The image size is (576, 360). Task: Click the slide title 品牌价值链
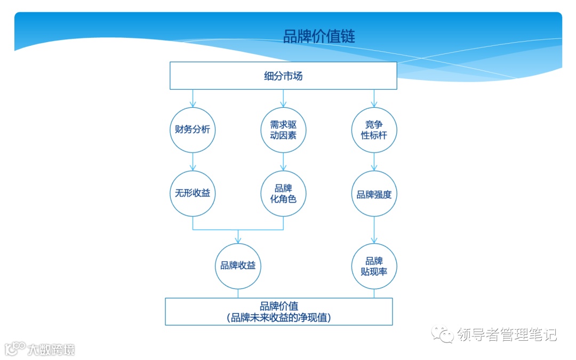(x=319, y=36)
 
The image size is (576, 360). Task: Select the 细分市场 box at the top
(x=283, y=76)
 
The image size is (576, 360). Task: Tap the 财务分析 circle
(x=193, y=130)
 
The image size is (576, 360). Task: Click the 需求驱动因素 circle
(x=283, y=130)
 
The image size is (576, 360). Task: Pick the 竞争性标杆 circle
(x=374, y=130)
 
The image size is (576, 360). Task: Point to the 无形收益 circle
(x=193, y=193)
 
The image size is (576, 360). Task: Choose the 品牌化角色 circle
(x=283, y=193)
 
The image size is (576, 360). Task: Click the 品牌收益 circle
(x=238, y=266)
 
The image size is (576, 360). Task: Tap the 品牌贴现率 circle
(x=374, y=266)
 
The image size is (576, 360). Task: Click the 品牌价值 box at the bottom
(x=279, y=311)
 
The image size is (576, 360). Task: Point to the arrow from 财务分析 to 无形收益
(x=193, y=162)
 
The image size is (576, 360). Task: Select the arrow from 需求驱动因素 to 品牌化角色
(x=283, y=162)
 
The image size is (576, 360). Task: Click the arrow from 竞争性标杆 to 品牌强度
(x=374, y=162)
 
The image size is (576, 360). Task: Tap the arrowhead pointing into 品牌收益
(x=238, y=239)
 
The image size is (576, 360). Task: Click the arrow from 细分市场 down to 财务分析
(x=193, y=98)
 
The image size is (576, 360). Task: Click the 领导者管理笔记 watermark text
(x=507, y=335)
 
